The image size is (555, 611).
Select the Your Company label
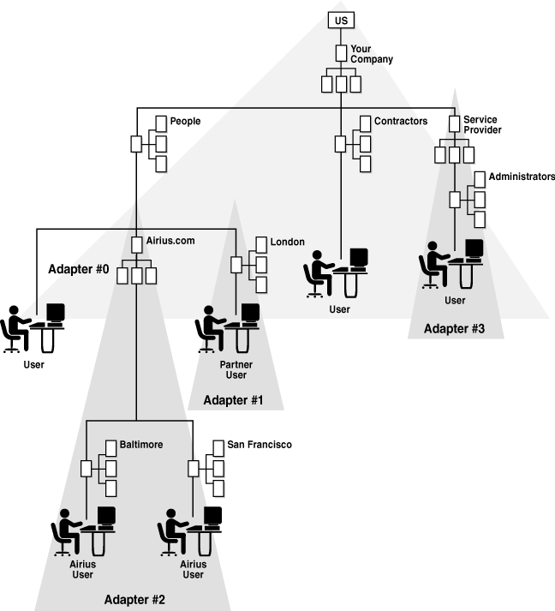[x=372, y=55]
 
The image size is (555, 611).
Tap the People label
[x=185, y=122]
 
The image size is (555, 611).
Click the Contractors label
[x=400, y=122]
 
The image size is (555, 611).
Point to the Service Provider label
[x=481, y=125]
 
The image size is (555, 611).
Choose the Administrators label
[x=521, y=177]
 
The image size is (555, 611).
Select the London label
[x=287, y=242]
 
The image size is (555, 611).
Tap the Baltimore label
[x=141, y=446]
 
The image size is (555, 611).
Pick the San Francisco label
[x=259, y=446]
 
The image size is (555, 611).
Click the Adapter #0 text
[x=78, y=268]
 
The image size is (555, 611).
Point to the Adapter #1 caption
[x=233, y=400]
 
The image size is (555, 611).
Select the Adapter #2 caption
[x=134, y=599]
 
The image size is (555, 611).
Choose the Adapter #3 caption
[x=454, y=328]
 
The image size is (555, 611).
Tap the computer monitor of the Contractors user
[x=358, y=257]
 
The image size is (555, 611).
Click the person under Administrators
[x=434, y=261]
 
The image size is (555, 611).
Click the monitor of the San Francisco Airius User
[x=212, y=516]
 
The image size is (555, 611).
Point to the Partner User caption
[x=236, y=369]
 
